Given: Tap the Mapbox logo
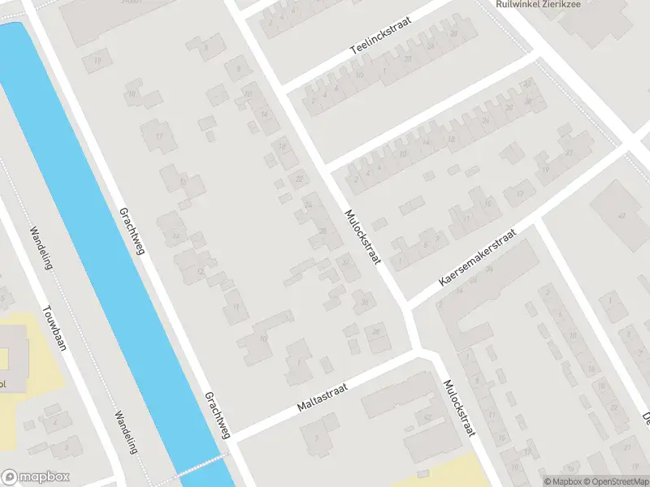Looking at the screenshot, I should pyautogui.click(x=36, y=477).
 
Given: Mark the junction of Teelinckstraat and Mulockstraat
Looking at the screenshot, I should pyautogui.click(x=280, y=87).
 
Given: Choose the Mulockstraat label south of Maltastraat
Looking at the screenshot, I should pyautogui.click(x=458, y=409).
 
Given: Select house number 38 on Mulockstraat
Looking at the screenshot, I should pyautogui.click(x=375, y=332).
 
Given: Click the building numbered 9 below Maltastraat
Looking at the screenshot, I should pyautogui.click(x=315, y=439).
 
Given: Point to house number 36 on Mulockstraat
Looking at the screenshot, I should pyautogui.click(x=365, y=303).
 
